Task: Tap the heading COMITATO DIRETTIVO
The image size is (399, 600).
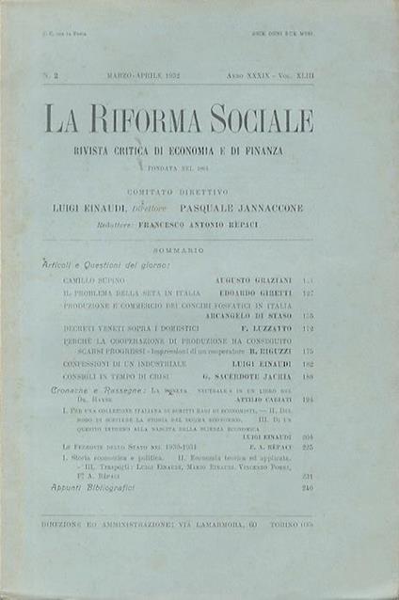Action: (x=180, y=191)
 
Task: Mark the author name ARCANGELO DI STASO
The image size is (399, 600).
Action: (x=262, y=315)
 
